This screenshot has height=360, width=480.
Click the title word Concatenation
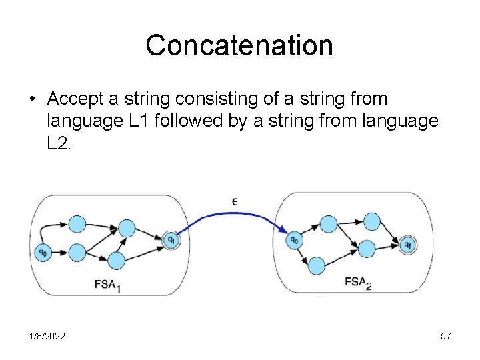coord(239,45)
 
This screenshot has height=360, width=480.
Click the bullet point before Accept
coord(31,99)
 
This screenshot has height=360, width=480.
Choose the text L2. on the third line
coord(61,143)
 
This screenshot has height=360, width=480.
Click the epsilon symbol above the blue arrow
coord(235,200)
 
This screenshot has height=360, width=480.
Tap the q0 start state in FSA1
coord(43,252)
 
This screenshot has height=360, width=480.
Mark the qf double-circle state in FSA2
coord(406,244)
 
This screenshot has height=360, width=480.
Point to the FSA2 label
coord(358,283)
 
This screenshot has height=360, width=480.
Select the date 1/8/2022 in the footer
coord(47,337)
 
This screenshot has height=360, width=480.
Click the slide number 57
coord(446,337)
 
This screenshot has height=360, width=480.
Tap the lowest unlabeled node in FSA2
coord(316,265)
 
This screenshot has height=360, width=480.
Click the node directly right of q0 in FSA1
coord(77,252)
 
